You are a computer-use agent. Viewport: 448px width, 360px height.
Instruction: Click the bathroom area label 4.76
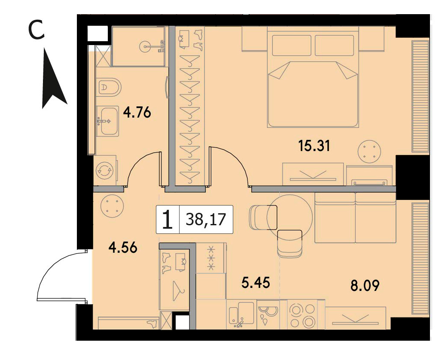point(137,112)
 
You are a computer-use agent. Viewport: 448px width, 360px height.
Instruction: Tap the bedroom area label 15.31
point(314,146)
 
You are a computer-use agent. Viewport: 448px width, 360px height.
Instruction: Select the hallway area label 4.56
point(123,248)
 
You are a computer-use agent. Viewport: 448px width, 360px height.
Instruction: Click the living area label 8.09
point(365,285)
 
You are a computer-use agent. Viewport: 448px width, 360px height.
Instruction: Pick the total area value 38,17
point(206,220)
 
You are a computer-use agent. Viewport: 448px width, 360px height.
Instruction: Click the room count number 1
point(168,220)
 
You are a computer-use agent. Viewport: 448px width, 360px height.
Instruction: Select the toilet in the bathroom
point(110,87)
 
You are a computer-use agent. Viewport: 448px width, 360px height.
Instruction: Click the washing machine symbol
point(105,171)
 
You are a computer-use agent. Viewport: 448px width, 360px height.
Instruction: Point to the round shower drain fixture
point(146,46)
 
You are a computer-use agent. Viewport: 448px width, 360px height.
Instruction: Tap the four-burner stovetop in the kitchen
point(302,315)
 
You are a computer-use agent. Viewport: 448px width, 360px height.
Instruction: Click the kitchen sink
point(241,313)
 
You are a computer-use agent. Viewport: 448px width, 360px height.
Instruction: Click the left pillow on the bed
point(291,45)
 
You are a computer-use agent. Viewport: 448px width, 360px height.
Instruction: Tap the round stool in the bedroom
point(369,151)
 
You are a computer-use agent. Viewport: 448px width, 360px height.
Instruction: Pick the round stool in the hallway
point(112,206)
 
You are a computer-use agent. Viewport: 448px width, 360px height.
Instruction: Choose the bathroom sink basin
point(107,121)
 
